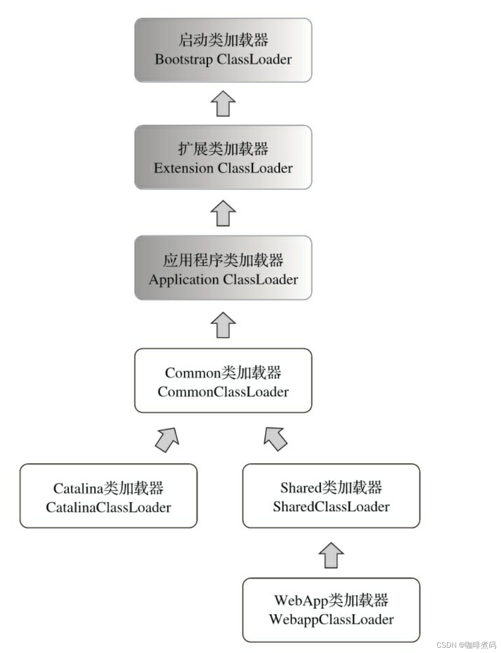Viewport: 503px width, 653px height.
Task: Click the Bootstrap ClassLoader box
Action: tap(223, 50)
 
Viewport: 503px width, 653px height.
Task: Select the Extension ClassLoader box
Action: tap(223, 158)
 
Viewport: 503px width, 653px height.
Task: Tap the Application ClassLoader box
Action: tap(223, 268)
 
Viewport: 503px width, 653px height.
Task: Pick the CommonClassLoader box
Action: tap(223, 381)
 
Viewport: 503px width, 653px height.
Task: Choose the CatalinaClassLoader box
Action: tap(108, 496)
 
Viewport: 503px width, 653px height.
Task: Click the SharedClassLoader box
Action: tap(331, 496)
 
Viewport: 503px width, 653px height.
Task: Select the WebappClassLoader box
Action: tap(331, 610)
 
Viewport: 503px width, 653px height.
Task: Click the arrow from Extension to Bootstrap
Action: tap(223, 103)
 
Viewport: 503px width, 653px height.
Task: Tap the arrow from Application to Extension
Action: tap(223, 213)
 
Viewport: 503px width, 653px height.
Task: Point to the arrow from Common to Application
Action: tap(223, 325)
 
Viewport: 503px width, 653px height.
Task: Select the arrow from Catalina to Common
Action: tap(168, 439)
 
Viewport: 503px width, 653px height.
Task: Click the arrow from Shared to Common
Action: tap(275, 439)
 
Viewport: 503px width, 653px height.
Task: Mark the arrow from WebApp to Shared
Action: tap(331, 555)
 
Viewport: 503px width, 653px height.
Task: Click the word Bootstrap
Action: tap(184, 60)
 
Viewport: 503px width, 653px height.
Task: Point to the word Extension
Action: tap(184, 168)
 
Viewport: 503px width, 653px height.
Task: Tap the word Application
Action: tap(184, 280)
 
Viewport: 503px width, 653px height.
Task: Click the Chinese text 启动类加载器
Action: tap(223, 40)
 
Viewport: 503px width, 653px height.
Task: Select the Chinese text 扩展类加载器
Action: tap(223, 149)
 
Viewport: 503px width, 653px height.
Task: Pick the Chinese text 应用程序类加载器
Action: tap(223, 260)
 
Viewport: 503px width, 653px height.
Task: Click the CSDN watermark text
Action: tap(466, 645)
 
